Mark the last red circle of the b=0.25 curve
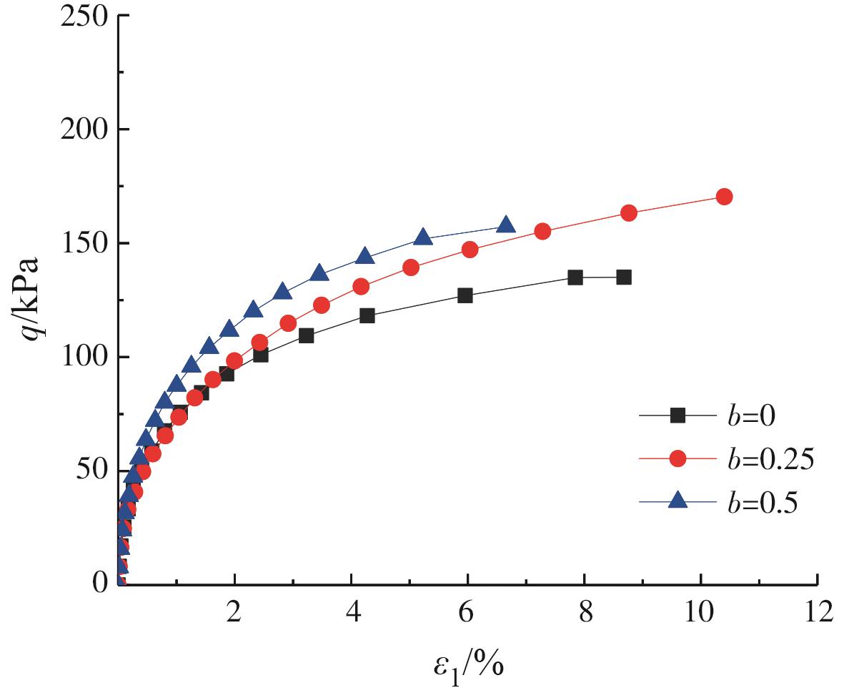coord(724,197)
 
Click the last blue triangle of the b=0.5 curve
coord(506,225)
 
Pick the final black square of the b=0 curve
coord(624,277)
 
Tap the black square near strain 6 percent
coord(465,295)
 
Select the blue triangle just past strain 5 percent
coord(422,237)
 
